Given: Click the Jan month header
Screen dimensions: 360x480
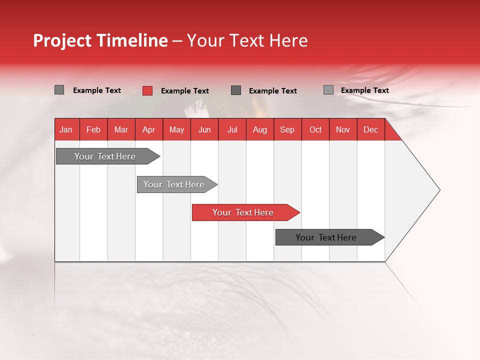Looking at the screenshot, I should (66, 129).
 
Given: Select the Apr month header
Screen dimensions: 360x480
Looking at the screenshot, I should (149, 129).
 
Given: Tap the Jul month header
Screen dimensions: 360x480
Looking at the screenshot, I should (232, 129).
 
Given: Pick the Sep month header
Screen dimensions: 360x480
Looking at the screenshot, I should (287, 129).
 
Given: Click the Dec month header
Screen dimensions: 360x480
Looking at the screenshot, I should (370, 129).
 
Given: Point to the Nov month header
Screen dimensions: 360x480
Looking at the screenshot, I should (343, 129).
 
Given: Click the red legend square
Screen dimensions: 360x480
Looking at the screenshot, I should (147, 90).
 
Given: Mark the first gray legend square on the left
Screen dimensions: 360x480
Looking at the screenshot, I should (59, 90).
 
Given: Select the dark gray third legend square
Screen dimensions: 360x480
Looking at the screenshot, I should (236, 90).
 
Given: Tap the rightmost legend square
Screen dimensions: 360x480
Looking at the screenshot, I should (328, 90).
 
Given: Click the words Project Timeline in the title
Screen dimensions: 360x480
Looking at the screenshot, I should (100, 40).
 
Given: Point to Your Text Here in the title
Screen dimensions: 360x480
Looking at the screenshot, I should (247, 40).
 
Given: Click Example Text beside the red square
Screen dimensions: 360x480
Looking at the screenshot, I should (184, 91).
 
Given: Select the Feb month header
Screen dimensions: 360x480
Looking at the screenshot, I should (93, 129).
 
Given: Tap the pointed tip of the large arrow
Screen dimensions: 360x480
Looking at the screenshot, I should (438, 190).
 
